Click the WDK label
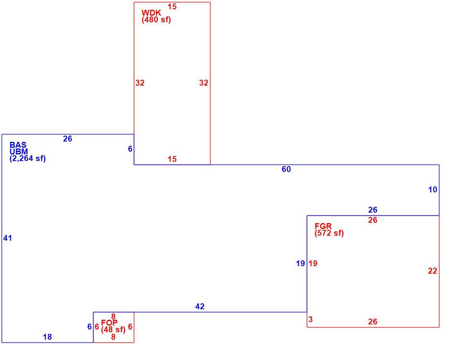tap(151, 13)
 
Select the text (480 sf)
tap(156, 20)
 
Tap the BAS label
tap(18, 145)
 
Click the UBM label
tap(19, 151)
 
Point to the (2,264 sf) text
tap(28, 158)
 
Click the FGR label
tap(323, 226)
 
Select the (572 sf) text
tap(329, 233)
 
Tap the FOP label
tap(109, 322)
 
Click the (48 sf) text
tap(113, 330)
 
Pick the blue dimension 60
tap(286, 169)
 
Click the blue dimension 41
tap(7, 238)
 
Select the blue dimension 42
tap(200, 306)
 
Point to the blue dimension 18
tap(47, 337)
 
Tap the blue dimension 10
tap(433, 190)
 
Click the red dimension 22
tap(432, 271)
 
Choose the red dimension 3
tap(311, 319)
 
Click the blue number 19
tap(300, 263)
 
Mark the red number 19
tap(313, 263)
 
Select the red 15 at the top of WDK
tap(172, 7)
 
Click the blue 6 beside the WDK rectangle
tap(130, 149)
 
